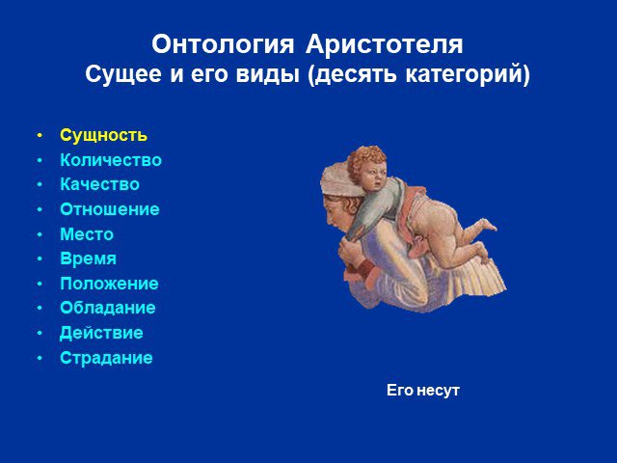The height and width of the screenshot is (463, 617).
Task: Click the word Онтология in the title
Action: coord(223,44)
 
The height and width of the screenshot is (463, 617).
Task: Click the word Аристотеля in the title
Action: coord(385,44)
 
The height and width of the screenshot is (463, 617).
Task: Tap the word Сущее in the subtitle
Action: coord(123,74)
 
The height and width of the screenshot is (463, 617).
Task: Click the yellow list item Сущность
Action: coord(103,136)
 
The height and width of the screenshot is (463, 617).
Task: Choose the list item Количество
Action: coord(111,160)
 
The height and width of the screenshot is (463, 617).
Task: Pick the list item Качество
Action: coord(100,184)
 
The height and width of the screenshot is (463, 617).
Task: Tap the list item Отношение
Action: coord(110,209)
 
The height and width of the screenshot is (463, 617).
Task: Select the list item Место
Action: coord(87,234)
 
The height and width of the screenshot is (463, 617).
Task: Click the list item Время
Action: coord(88,259)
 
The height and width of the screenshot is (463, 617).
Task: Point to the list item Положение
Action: coord(109,284)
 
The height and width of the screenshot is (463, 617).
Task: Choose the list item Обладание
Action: coord(108,309)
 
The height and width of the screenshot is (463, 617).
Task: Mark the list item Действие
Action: coord(101,333)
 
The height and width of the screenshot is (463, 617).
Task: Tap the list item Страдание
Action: coord(106,358)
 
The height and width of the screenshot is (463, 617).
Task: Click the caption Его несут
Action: coord(423,391)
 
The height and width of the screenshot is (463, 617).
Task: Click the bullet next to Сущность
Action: coord(40,135)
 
